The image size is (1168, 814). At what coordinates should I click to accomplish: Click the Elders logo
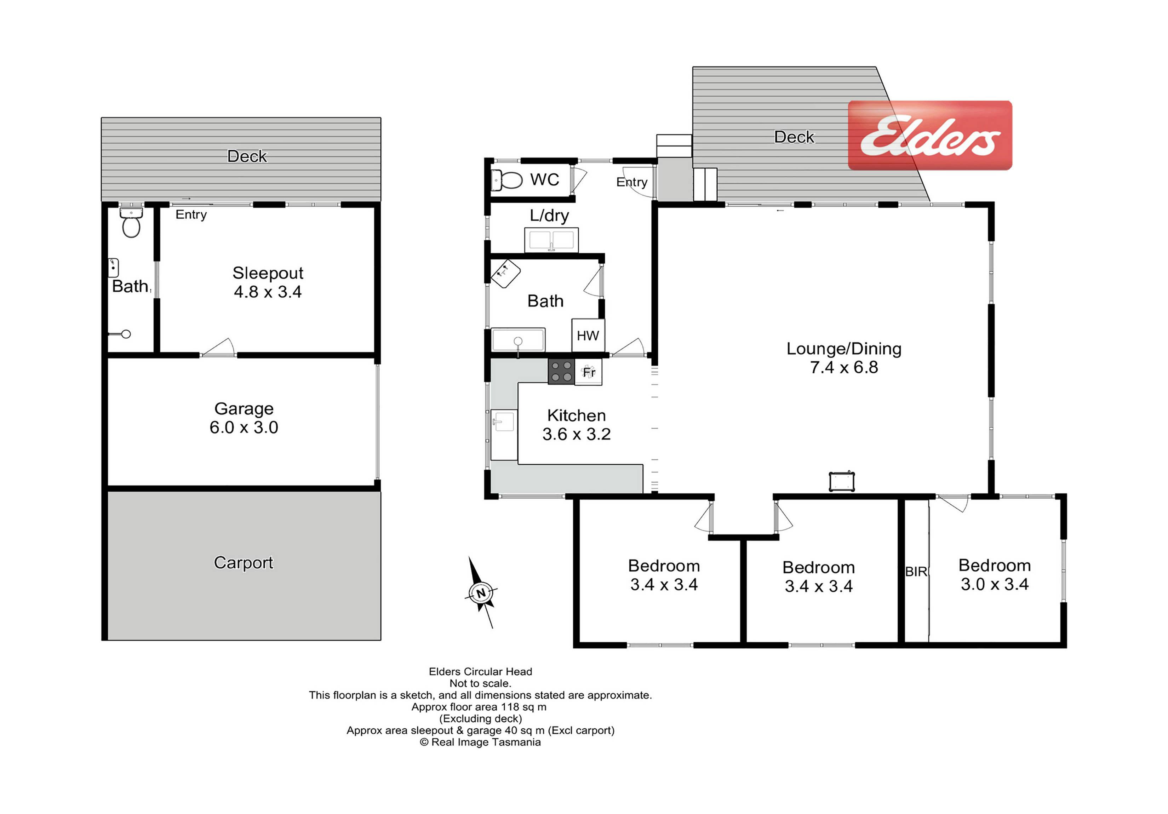click(x=929, y=135)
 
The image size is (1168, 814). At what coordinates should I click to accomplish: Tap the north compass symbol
click(x=480, y=593)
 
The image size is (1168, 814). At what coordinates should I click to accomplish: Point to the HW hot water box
click(x=588, y=335)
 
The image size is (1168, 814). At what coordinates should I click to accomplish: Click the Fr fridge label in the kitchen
click(x=589, y=372)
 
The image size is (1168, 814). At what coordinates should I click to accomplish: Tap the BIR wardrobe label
click(x=916, y=572)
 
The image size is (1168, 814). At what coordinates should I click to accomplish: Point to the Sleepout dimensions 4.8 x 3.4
click(x=268, y=292)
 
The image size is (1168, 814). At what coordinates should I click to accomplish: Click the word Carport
click(x=243, y=563)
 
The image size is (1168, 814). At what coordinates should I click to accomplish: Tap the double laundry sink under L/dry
click(x=551, y=240)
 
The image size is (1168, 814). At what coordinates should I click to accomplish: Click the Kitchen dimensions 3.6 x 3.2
click(x=576, y=434)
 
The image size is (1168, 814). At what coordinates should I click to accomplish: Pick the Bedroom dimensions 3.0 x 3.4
click(x=995, y=584)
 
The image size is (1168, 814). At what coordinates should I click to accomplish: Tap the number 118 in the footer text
click(x=510, y=707)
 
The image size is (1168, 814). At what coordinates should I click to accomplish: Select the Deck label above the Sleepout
click(x=247, y=156)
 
